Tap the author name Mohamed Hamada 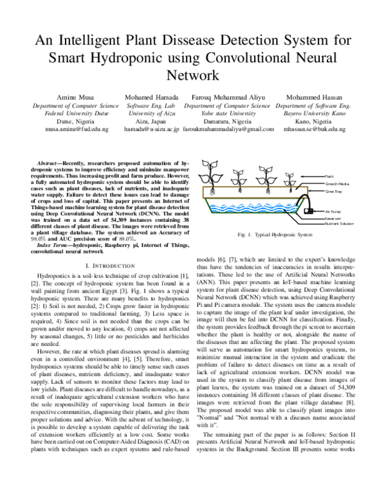click(152, 96)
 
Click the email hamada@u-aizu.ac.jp click(152, 129)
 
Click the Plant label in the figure click(329, 175)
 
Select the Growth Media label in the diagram click(336, 183)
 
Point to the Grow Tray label click(333, 191)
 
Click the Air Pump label click(333, 211)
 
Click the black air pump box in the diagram click(309, 210)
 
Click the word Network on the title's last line click(193, 74)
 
